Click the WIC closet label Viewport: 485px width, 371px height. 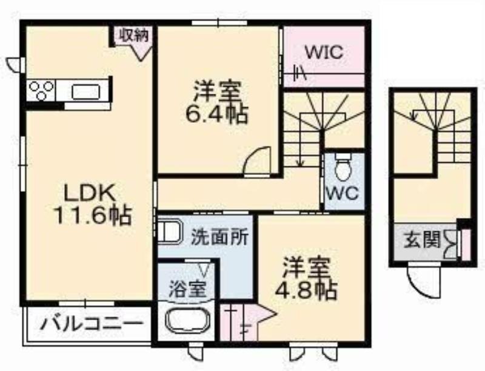click(x=324, y=52)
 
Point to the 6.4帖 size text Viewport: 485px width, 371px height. click(x=216, y=114)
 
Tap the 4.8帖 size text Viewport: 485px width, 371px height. click(x=306, y=291)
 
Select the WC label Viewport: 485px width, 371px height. click(x=343, y=194)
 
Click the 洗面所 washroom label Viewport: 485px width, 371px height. click(x=219, y=238)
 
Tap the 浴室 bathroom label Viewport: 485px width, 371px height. click(x=187, y=289)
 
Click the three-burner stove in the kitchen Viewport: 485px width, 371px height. click(x=41, y=90)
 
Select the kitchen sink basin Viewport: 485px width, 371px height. click(x=85, y=92)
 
